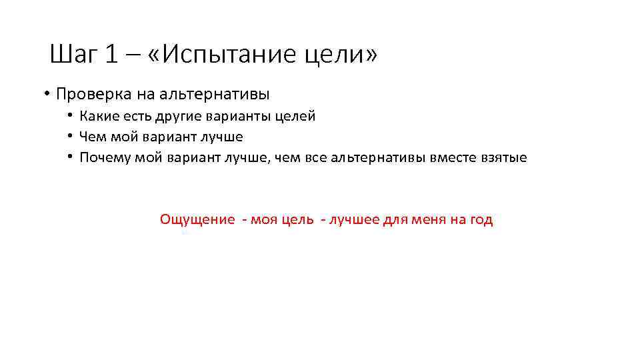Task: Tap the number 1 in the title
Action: click(111, 55)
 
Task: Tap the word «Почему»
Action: click(105, 157)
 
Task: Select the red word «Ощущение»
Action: click(197, 220)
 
